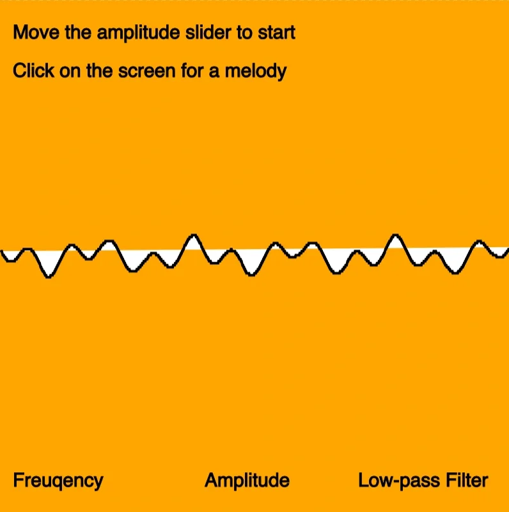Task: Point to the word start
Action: (x=276, y=32)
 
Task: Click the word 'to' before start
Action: (x=245, y=32)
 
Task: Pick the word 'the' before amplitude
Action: (x=77, y=32)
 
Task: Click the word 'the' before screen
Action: (x=100, y=70)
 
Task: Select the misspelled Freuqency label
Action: (x=58, y=481)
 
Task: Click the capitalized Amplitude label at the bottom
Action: (x=247, y=481)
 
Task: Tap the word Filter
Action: (x=460, y=481)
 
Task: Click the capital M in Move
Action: (x=20, y=32)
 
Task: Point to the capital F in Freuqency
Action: (x=17, y=481)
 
